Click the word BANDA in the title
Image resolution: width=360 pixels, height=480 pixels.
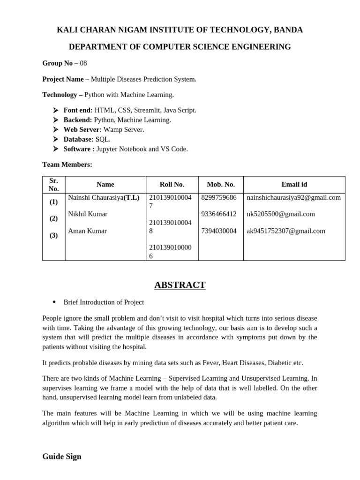pos(287,30)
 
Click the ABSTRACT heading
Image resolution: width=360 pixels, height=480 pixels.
pos(180,285)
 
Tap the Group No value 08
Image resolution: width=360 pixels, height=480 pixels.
pos(83,63)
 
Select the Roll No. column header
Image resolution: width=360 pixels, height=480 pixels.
pos(172,185)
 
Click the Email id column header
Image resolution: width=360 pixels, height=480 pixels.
pos(294,185)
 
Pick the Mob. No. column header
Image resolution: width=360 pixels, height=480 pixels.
pos(220,185)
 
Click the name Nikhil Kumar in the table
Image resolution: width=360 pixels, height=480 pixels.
pos(88,214)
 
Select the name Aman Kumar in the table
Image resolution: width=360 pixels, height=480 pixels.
pos(87,231)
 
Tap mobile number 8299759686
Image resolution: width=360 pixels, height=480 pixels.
pos(218,198)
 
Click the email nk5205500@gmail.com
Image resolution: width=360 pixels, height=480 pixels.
pos(280,214)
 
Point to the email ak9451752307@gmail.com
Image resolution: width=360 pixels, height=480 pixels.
pos(285,231)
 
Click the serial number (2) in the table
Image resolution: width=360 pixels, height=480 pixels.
pos(54,218)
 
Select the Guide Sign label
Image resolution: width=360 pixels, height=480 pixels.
pos(61,457)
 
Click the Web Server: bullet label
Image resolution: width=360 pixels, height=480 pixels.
pos(82,129)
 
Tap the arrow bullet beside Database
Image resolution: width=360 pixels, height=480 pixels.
pos(55,139)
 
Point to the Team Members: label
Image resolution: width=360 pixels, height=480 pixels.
pos(67,165)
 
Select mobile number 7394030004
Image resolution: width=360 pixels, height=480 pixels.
pos(218,231)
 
